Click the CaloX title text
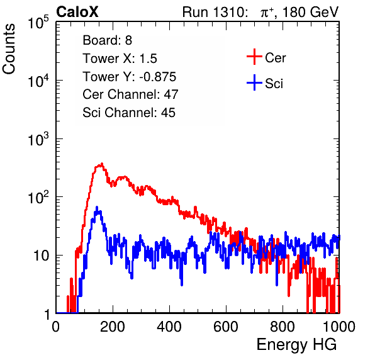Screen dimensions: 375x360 coord(77,12)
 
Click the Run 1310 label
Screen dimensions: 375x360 coord(214,12)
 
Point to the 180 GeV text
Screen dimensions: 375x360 coord(310,12)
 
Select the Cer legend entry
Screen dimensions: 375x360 coord(266,57)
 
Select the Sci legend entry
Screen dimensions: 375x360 coord(265,83)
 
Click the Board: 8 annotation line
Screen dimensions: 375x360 coord(107,40)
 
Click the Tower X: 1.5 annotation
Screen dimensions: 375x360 coord(120,59)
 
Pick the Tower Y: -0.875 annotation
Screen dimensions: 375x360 coord(130,77)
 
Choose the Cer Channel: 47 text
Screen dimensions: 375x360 coord(130,94)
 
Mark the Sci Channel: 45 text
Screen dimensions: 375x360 coord(129,113)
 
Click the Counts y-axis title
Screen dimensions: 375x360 coord(9,49)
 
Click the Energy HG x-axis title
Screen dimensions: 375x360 coord(296,345)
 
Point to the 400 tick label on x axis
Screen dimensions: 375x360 coord(169,327)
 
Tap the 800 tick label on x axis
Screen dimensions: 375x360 coord(283,327)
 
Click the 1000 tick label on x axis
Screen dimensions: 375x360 coord(339,327)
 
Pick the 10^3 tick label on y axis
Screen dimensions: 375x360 coord(38,139)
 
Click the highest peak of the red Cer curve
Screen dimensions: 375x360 coord(102,164)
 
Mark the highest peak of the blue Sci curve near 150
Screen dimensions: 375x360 coord(97,207)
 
